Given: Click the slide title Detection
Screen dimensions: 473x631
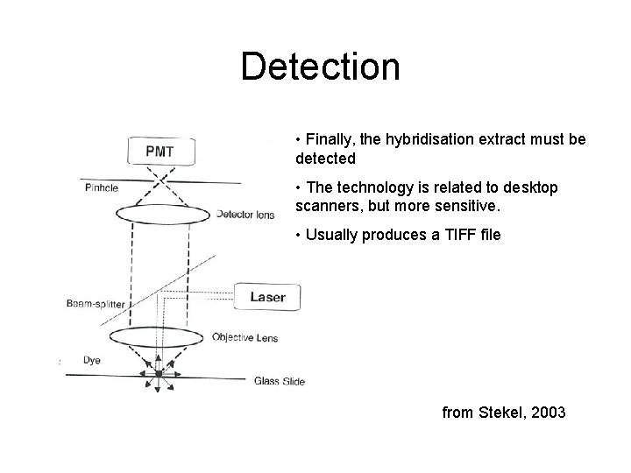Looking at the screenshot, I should (320, 67).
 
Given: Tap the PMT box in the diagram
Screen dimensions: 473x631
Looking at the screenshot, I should (160, 152).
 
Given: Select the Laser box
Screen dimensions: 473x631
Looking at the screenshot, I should (267, 297).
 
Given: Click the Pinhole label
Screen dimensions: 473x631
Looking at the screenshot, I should (103, 187).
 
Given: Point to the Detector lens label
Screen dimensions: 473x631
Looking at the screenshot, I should (245, 213).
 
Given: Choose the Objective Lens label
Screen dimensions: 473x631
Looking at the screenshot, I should (245, 337).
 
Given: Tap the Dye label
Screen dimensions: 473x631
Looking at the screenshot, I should (92, 358).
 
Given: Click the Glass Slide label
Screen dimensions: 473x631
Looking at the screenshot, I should (280, 380).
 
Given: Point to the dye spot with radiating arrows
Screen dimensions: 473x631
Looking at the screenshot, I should (159, 374).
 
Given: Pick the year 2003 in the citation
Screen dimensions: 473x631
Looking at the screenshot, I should (547, 413).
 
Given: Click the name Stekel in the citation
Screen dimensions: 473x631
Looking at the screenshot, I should (500, 413).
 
